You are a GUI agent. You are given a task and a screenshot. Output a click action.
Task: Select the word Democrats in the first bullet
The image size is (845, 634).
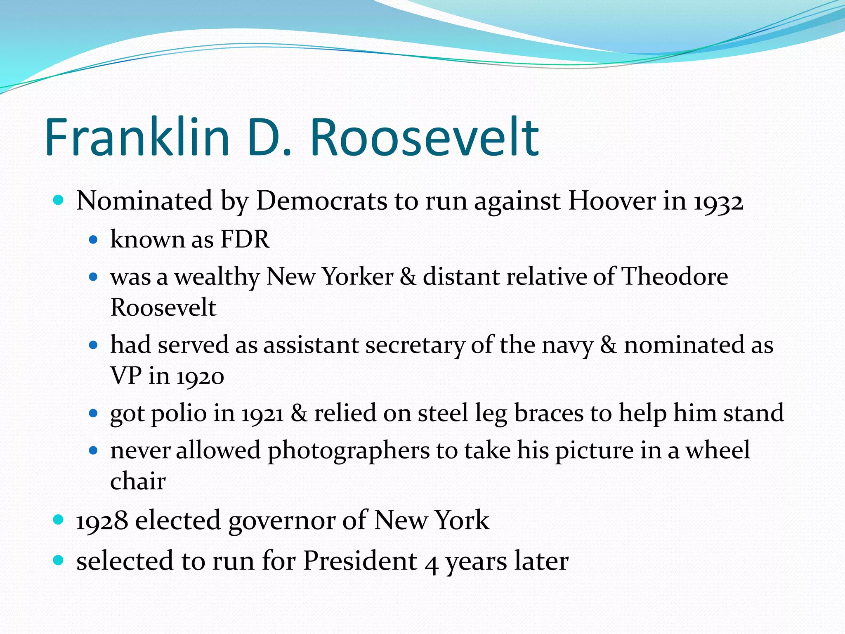(x=321, y=201)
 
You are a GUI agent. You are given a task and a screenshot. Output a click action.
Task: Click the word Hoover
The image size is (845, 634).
(x=612, y=201)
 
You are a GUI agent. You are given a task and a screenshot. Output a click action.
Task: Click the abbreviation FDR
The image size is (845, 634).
(x=245, y=239)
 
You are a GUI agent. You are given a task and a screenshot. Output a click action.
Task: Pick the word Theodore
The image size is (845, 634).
(x=674, y=276)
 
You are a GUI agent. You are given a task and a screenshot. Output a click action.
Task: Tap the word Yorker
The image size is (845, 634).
(x=357, y=276)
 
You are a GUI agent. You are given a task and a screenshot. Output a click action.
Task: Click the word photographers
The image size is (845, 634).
(x=349, y=450)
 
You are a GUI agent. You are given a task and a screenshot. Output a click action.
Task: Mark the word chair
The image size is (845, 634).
(x=138, y=481)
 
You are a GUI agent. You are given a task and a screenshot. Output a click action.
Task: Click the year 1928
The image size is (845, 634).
(x=102, y=520)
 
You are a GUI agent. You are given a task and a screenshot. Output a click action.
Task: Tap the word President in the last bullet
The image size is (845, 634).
(x=360, y=561)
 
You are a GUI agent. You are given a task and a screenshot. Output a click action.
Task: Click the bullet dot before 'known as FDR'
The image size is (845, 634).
(x=93, y=239)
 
